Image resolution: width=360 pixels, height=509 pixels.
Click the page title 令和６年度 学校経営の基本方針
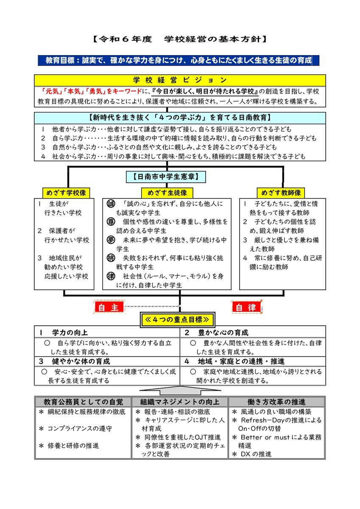click(180, 39)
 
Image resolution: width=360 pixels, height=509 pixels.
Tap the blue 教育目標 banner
click(178, 61)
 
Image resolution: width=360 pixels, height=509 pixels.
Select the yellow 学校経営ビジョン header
click(180, 80)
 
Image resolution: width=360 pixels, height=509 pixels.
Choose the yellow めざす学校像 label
click(66, 192)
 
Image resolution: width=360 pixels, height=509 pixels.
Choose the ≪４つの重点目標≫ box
click(177, 319)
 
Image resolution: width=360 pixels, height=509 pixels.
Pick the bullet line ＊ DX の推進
click(252, 454)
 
